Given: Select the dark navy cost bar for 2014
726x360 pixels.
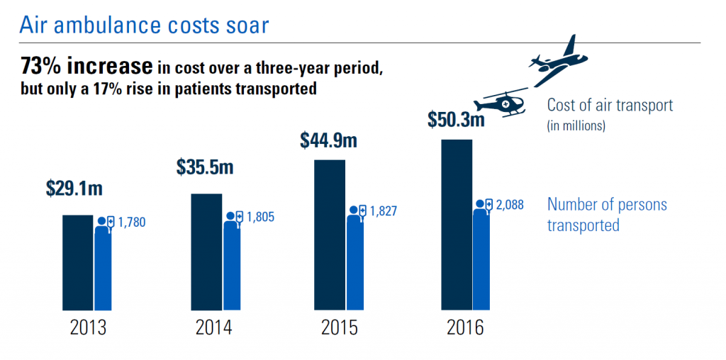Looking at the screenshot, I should pos(206,252).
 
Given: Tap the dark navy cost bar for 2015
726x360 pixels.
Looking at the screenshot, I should pos(330,235).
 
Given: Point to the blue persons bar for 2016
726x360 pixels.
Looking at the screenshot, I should pos(481,259).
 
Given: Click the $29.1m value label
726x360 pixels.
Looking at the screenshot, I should pos(74,189).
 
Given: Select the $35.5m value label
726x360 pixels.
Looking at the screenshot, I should pos(204,168).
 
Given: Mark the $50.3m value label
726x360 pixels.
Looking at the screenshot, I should pos(456,118).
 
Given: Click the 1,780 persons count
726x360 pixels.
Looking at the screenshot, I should pos(131,223).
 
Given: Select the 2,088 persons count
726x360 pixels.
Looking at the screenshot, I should pos(510,205).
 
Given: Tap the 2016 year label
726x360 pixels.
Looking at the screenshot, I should pos(464,330).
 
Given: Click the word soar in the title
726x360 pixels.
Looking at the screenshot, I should pos(243,25).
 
